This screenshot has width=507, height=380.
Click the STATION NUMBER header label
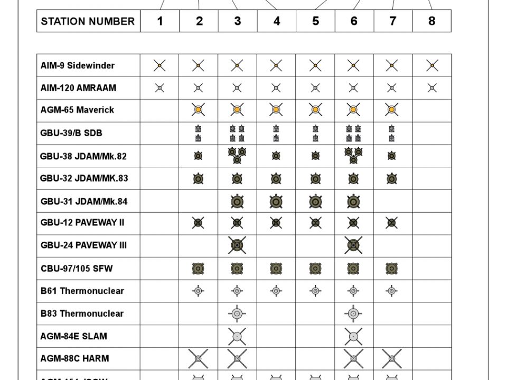coord(88,22)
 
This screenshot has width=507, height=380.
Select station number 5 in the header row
coord(315,22)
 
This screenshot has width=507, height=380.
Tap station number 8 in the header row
coord(431,22)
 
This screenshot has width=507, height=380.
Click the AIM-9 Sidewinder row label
coord(78,65)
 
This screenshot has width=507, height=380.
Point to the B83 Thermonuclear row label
coord(82,313)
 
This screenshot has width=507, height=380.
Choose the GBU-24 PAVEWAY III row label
coord(83,245)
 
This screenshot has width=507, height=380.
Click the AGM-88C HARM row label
coord(74,358)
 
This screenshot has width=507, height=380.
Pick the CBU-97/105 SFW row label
coord(77,269)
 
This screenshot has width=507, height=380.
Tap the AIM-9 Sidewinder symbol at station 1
coord(159,65)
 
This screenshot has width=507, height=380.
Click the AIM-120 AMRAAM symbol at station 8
coord(431,88)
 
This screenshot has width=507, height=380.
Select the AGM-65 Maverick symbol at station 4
coord(276,110)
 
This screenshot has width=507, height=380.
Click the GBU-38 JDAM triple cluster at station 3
coord(237,155)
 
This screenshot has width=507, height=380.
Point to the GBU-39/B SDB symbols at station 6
coord(353,133)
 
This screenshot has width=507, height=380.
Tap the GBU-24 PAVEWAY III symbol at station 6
coord(353,245)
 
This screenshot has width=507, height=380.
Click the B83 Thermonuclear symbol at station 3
coord(237,313)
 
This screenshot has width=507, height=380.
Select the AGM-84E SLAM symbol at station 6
coord(353,336)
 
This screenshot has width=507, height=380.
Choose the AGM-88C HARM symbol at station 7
coord(392,359)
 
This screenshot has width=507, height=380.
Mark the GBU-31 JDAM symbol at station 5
coord(315,201)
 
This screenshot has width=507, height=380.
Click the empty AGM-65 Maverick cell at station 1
coord(159,110)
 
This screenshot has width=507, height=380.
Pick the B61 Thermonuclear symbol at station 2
coord(198,290)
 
